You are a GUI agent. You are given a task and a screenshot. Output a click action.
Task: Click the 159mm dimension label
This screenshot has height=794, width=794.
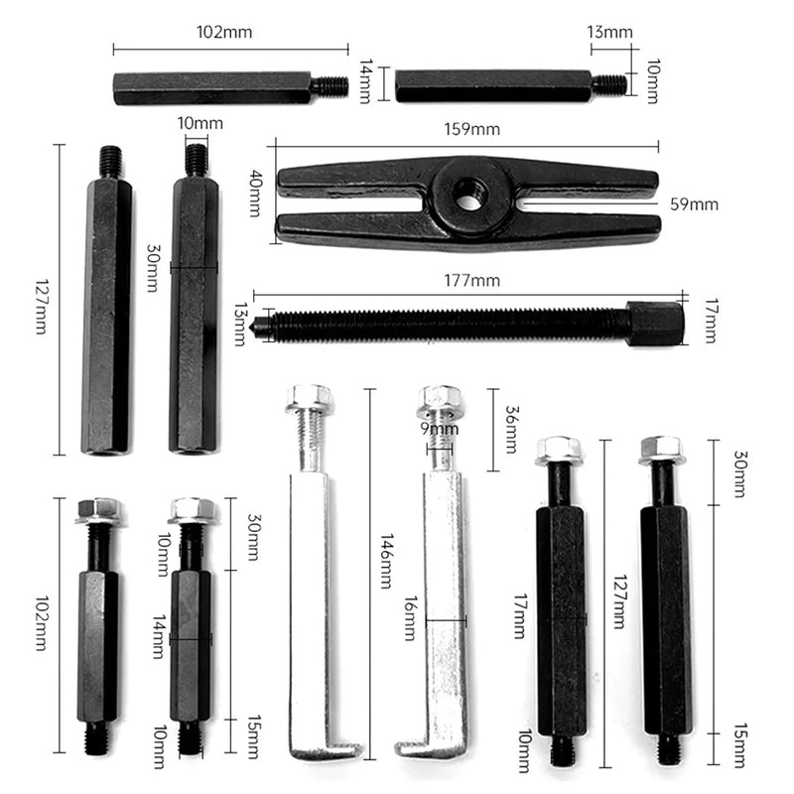[472, 129]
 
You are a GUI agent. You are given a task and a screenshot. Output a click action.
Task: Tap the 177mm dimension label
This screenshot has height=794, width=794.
[473, 282]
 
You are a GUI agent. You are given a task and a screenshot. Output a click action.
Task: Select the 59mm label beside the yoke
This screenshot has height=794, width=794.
[694, 204]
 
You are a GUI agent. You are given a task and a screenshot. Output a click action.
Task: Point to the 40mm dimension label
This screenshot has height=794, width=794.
[255, 187]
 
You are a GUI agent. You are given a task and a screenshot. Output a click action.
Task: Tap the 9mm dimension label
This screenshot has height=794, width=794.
[438, 429]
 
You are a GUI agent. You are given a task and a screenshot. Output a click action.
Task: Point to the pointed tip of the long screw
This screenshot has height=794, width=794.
[258, 324]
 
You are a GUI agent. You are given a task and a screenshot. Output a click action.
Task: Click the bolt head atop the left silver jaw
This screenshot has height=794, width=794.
[309, 399]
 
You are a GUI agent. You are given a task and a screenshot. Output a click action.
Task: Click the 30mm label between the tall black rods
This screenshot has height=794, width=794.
[153, 267]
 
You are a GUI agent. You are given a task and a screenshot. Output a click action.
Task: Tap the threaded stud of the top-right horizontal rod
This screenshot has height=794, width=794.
[610, 85]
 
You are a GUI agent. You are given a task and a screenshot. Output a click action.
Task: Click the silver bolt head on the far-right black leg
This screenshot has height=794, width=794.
[661, 450]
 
